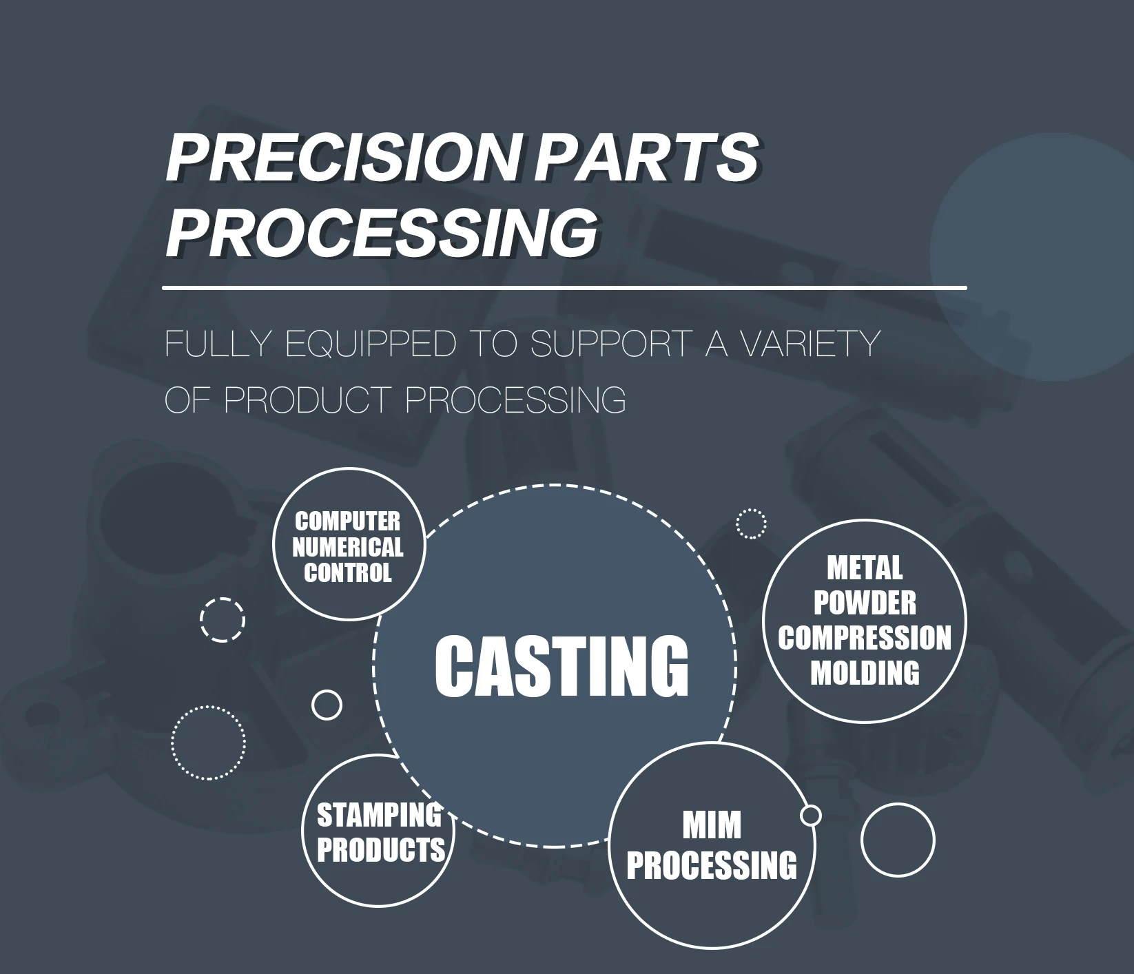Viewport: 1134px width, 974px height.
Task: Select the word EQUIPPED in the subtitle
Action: [371, 344]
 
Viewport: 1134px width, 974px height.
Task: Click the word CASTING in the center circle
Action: [561, 666]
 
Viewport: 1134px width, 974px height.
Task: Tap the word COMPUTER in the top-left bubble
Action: [348, 521]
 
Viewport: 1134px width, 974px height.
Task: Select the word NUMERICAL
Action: [348, 548]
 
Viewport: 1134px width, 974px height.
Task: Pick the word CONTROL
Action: [348, 572]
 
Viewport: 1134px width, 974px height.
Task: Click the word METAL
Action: [865, 568]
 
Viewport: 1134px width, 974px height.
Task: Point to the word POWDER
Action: [865, 603]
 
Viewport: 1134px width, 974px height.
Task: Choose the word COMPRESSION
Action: [865, 638]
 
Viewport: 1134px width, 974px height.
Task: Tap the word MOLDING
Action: [865, 673]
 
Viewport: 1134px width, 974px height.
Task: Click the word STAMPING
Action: [379, 816]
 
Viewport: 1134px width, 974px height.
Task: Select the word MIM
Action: [712, 825]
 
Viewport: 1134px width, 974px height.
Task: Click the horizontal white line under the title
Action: [565, 287]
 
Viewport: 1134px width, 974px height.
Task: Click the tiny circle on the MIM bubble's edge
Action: [811, 816]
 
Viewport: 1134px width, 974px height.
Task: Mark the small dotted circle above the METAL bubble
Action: [751, 524]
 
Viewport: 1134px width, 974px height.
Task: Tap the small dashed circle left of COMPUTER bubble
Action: [223, 620]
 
